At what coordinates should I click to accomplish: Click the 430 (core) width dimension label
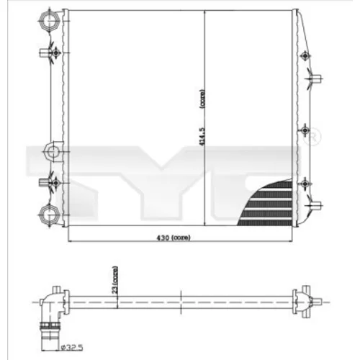tap(174, 238)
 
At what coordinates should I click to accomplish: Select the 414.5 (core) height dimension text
tap(202, 118)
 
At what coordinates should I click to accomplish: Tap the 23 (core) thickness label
tap(115, 280)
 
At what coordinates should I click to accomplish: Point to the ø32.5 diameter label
tap(72, 348)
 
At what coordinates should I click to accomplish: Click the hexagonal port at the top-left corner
tap(50, 21)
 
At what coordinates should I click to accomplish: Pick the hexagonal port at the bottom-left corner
tap(50, 215)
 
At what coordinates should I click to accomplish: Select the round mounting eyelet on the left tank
tap(53, 152)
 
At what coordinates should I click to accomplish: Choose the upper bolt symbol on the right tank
tap(305, 55)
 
